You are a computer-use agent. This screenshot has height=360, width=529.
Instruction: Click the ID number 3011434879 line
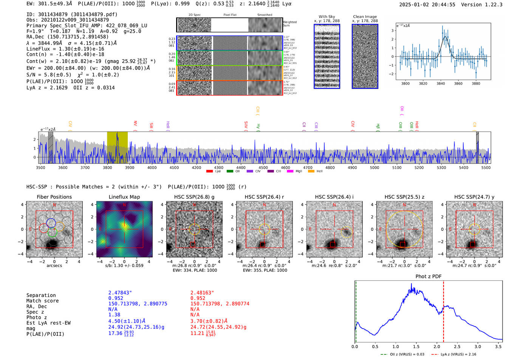(72, 14)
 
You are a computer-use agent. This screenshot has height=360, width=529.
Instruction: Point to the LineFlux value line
(65, 49)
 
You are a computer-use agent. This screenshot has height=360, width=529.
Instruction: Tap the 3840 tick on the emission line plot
(441, 83)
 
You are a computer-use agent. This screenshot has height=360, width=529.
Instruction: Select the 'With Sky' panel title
(326, 17)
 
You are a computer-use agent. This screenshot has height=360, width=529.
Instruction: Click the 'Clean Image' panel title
(365, 17)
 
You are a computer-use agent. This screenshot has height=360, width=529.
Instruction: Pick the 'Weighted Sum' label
(289, 24)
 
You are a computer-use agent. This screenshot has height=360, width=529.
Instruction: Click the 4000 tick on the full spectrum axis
(152, 168)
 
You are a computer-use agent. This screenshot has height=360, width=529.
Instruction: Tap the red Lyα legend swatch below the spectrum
(209, 172)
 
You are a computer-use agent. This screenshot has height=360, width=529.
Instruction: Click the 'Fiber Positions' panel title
(54, 197)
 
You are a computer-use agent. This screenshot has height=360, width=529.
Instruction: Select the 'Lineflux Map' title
(124, 197)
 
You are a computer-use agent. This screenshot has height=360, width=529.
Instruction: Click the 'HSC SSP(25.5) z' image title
(404, 197)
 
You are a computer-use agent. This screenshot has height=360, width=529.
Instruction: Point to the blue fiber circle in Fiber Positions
(51, 223)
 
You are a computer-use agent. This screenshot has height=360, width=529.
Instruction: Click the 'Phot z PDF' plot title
(428, 277)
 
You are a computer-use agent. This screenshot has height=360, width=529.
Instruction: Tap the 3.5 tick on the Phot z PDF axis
(498, 346)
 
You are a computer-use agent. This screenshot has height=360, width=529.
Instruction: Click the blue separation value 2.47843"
(120, 293)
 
